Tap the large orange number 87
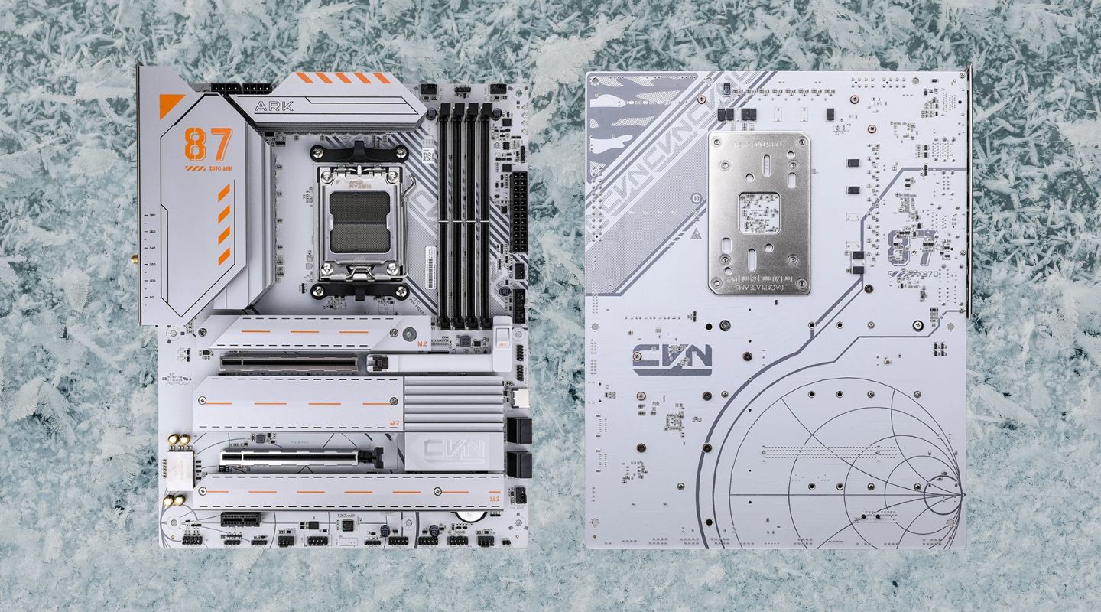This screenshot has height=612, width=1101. (208, 145)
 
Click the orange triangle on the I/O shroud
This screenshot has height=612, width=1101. (171, 106)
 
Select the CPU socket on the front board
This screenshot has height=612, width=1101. (362, 222)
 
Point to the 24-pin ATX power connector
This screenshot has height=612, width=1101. (519, 202)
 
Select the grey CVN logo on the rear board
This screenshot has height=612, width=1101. (672, 358)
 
